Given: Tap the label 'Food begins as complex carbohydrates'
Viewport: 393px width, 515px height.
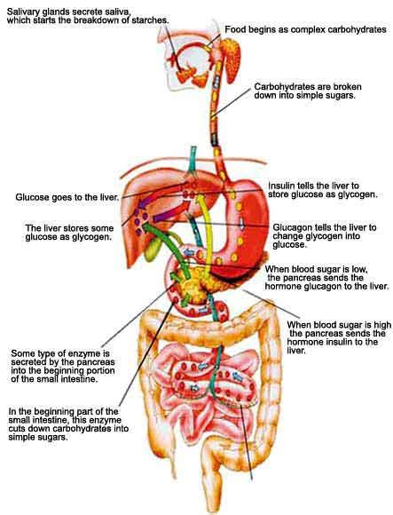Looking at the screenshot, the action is tap(305, 29).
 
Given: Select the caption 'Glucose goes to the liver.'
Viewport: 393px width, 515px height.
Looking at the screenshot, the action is tap(67, 197).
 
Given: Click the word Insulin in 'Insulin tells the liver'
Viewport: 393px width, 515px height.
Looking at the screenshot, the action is tap(279, 186).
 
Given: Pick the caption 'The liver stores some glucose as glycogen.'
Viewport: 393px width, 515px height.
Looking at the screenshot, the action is tap(69, 233).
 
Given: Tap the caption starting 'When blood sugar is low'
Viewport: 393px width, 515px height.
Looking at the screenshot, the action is tap(326, 278).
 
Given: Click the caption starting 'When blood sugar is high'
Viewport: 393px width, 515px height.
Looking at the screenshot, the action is tap(339, 337).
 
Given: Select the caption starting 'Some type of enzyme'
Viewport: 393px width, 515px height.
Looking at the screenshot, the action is tap(63, 366).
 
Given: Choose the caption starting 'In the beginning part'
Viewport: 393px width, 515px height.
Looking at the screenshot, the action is tap(68, 424).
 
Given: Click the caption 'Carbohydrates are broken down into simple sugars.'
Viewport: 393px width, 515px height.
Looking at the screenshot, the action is tap(308, 91).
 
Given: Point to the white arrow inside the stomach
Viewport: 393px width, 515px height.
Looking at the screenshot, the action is tap(242, 225).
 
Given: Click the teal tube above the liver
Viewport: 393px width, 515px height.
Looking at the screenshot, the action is tap(193, 161).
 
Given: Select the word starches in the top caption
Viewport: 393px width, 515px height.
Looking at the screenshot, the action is tap(152, 20).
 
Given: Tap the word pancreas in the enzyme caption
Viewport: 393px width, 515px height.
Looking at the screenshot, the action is tap(97, 362).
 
